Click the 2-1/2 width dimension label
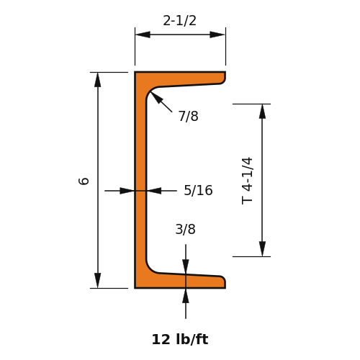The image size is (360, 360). click(179, 21)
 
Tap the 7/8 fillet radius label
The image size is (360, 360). click(189, 116)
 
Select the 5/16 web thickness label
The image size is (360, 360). click(198, 190)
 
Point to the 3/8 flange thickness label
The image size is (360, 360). click(186, 229)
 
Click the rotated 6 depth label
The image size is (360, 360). click(84, 181)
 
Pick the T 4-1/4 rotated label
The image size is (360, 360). click(247, 181)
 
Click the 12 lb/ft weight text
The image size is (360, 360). click(180, 340)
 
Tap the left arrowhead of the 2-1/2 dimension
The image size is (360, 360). click(143, 35)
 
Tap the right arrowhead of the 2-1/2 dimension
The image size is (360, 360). click(217, 35)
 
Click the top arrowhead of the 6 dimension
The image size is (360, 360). click(98, 80)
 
